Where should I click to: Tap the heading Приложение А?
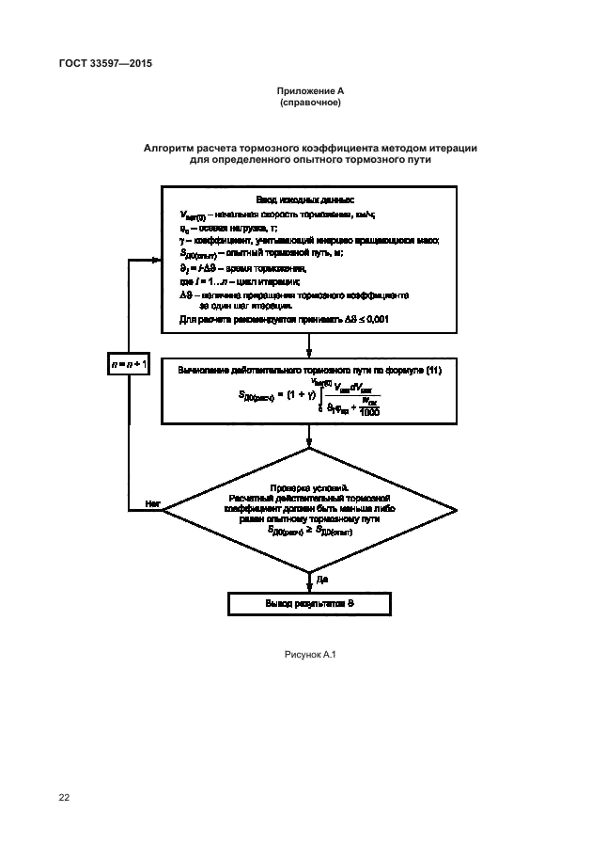[309, 91]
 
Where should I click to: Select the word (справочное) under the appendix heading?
[309, 103]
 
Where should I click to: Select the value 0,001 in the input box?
[376, 321]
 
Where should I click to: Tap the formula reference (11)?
[432, 370]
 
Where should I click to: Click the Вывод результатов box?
[309, 603]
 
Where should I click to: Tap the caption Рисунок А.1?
[309, 653]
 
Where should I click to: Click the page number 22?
[64, 798]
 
